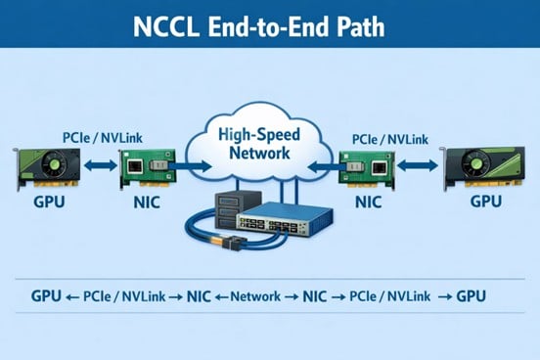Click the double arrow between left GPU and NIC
[99, 167]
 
